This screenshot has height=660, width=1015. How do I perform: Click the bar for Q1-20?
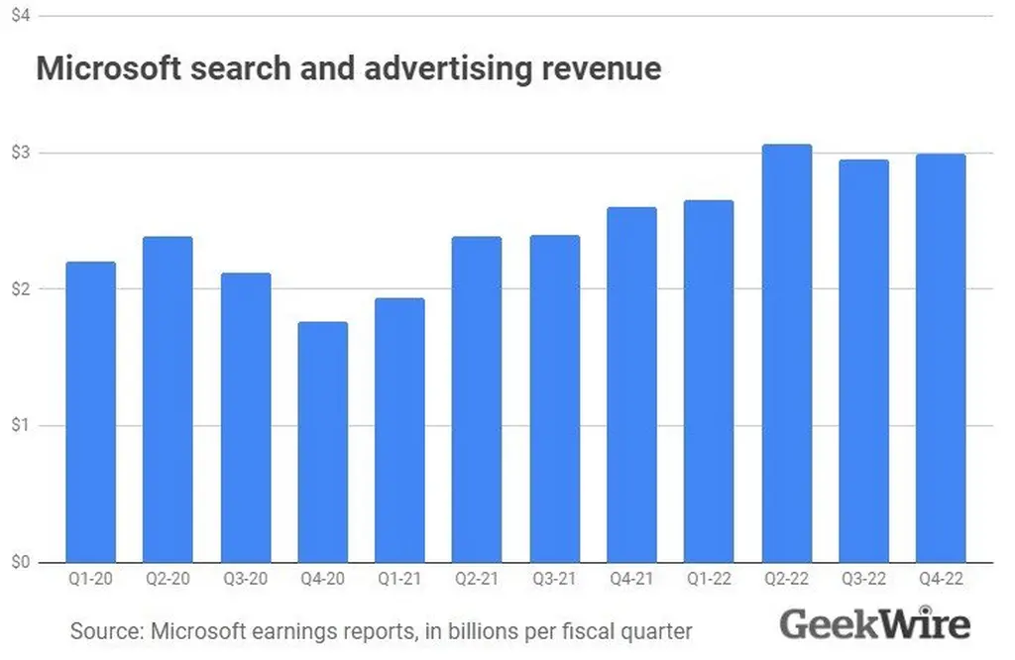90,411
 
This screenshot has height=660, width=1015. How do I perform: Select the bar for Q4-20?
322,442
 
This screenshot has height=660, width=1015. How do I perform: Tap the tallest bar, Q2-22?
787,353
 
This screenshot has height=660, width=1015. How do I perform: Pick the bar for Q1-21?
399,430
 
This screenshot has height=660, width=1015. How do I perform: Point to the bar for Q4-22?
941,358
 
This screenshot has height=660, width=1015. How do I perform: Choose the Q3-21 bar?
554,398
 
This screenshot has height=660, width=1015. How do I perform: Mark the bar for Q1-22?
709,382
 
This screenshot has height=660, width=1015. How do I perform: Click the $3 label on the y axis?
19,153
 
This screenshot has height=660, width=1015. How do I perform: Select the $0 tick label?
19,562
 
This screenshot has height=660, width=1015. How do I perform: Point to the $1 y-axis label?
19,426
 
